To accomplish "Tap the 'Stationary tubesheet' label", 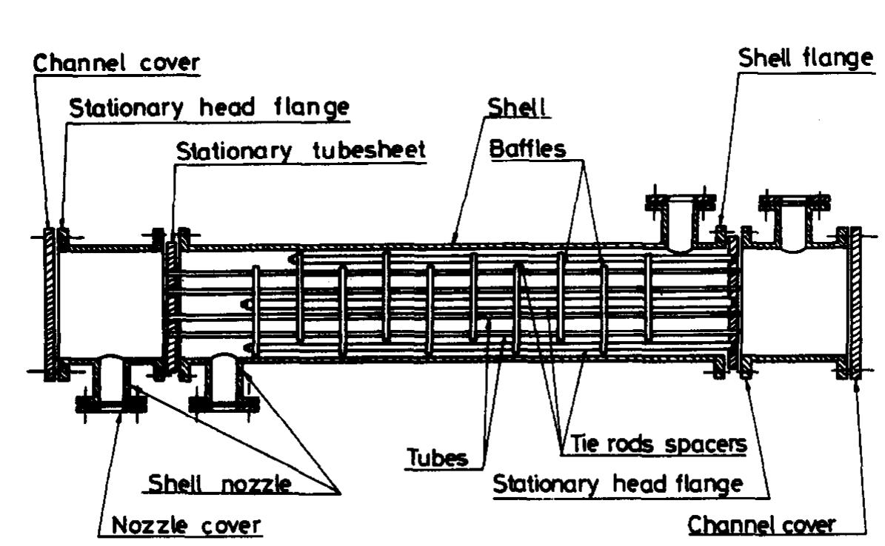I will click(301, 150).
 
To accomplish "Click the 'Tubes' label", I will click(437, 458).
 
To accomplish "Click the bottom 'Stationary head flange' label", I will click(618, 485).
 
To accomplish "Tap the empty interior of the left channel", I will click(107, 303).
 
